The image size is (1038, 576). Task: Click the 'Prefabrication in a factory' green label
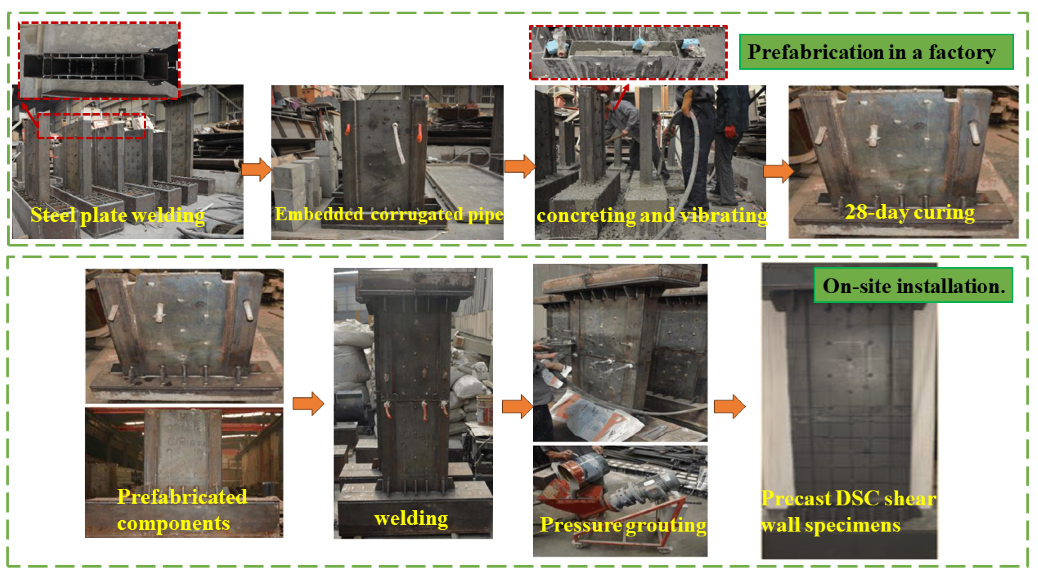tap(876, 52)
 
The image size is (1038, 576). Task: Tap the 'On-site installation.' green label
tap(913, 285)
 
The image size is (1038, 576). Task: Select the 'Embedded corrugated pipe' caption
tap(389, 214)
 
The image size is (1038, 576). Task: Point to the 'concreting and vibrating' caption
tap(651, 216)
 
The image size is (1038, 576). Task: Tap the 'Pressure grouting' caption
tap(623, 524)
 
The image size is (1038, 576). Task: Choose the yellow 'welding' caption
tap(411, 518)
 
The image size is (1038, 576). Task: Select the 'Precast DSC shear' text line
tap(848, 498)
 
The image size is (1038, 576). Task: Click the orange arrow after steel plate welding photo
tap(256, 169)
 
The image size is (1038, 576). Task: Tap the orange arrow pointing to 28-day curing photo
tap(778, 171)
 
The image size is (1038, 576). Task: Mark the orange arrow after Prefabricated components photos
tap(308, 404)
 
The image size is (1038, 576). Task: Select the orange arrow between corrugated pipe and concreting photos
tap(520, 166)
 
